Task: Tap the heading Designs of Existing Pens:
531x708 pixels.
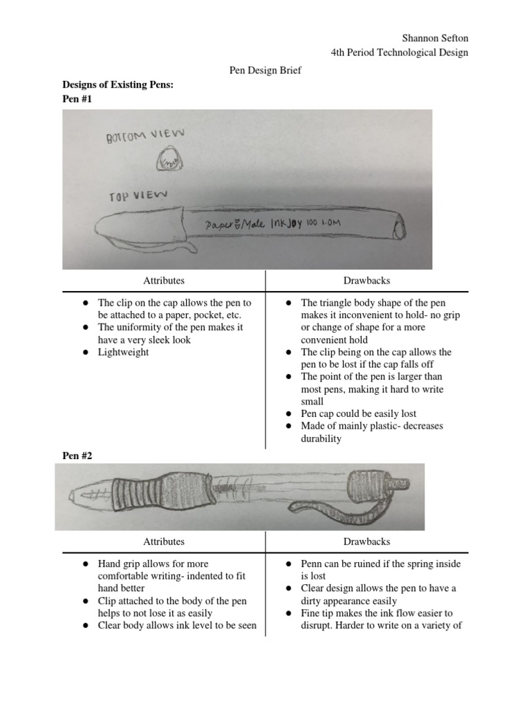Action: [118, 84]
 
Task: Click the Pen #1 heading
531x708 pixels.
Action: [77, 99]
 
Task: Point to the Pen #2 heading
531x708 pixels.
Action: [77, 456]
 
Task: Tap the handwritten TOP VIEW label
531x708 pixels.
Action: [138, 196]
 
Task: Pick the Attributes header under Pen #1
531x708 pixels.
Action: [163, 280]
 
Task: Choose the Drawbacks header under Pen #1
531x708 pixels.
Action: [367, 280]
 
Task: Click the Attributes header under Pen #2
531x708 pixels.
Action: [163, 541]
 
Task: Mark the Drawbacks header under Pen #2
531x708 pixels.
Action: [367, 541]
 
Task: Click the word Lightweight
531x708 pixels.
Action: [123, 352]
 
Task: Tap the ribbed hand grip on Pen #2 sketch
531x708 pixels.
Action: [149, 496]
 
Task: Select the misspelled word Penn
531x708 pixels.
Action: [313, 563]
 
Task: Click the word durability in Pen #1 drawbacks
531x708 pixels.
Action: [321, 438]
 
